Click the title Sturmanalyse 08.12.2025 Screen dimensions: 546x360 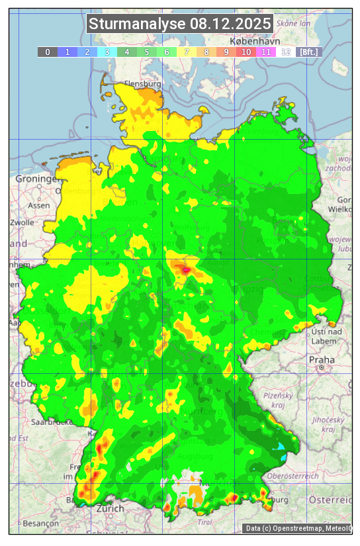(180, 24)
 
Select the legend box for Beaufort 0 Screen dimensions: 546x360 (48, 52)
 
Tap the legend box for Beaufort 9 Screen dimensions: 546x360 (226, 52)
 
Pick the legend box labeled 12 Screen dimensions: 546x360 (286, 52)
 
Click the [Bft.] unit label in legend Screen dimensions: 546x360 (308, 52)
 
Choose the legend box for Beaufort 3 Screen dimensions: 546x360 (107, 52)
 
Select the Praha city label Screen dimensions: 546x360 (322, 359)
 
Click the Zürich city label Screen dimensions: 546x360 (110, 508)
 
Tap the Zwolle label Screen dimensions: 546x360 (22, 222)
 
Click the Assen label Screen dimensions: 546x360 (39, 205)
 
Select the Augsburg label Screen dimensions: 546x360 (195, 457)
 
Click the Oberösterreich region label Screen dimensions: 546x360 (294, 476)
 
